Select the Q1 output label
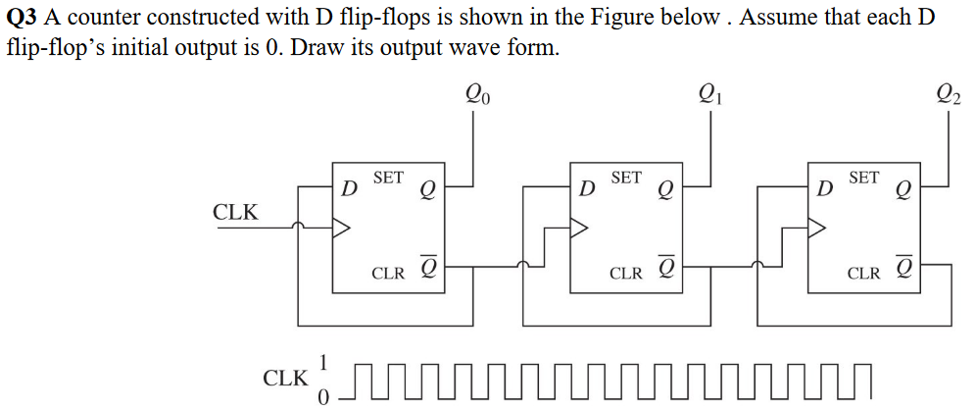pos(709,95)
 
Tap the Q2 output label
pos(949,95)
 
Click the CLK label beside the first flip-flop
pos(235,212)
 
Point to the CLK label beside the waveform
pos(285,378)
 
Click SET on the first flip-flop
pos(388,178)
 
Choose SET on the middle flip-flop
pos(626,178)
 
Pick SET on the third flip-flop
pos(864,178)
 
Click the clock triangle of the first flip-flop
pos(341,228)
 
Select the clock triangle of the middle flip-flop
pos(579,228)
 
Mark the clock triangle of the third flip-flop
pos(817,228)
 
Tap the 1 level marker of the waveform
pos(325,362)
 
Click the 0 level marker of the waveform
pos(325,395)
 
